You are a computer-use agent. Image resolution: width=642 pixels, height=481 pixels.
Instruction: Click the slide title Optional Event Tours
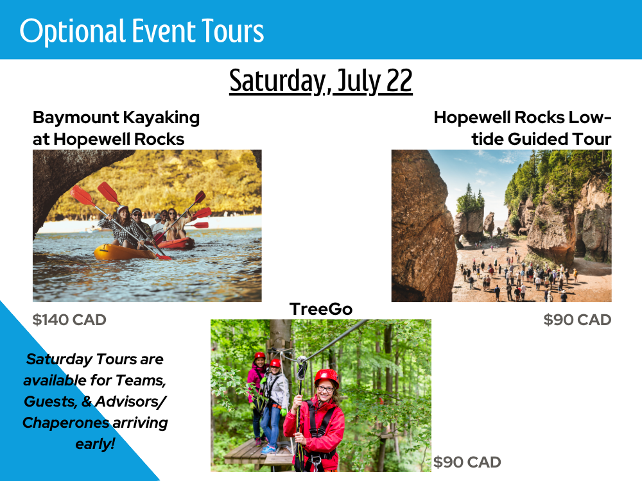tap(142, 31)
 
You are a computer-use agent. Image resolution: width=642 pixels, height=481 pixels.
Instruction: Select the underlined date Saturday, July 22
tap(320, 81)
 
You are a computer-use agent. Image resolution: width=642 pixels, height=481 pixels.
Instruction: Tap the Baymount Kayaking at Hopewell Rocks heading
tap(116, 128)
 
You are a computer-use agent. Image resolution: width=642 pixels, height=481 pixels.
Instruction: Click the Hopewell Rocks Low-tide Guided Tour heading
tap(523, 128)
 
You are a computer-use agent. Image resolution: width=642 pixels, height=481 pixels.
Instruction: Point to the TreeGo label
tap(321, 309)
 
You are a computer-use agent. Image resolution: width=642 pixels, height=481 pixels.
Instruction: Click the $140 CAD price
tap(69, 320)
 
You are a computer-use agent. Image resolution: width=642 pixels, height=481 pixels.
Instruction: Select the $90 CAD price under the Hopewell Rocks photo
tap(577, 320)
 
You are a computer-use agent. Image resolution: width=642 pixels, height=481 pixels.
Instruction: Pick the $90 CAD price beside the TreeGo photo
tap(467, 462)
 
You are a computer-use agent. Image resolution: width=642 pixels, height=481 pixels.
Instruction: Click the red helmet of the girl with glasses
tap(327, 377)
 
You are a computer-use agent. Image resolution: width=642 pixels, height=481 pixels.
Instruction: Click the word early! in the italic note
tap(95, 444)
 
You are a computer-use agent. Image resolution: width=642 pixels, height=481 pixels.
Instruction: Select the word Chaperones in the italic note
tap(66, 423)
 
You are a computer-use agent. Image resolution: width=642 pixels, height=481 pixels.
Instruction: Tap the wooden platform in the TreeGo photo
tap(253, 453)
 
